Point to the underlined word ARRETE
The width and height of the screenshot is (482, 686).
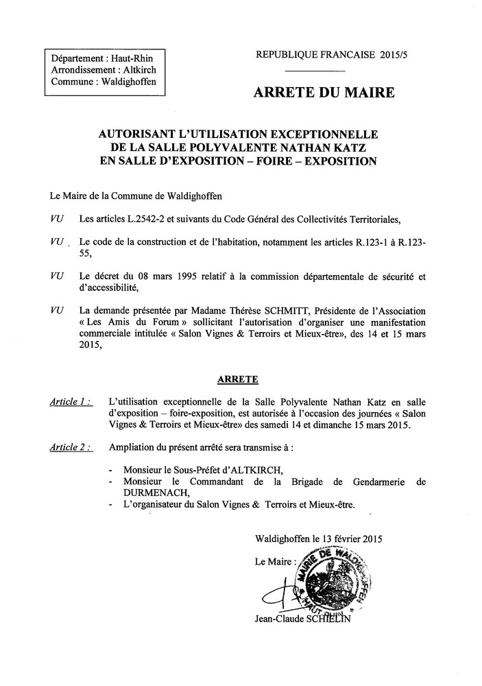tap(240, 379)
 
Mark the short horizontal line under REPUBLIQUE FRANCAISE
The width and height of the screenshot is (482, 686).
tap(314, 71)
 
